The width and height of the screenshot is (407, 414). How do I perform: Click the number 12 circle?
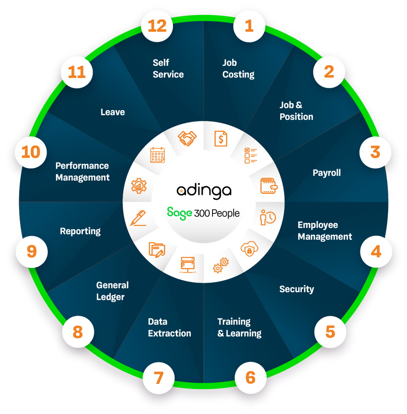157,26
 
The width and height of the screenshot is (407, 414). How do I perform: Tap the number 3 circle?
375,152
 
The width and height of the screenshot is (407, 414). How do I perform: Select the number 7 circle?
159,378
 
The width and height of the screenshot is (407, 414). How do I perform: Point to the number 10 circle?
31,152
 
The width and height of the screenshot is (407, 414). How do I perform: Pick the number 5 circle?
330,332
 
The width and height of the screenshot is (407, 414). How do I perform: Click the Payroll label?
327,173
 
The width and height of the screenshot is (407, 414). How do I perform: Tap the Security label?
296,289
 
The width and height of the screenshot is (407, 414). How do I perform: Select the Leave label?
113,112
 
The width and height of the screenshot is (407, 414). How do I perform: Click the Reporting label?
80,231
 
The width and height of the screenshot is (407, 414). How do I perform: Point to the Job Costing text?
238,69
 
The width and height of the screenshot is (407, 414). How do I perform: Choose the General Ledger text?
112,291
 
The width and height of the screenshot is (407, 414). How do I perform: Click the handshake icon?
187,138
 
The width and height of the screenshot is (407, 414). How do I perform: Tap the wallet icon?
269,186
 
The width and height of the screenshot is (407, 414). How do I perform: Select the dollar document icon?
221,138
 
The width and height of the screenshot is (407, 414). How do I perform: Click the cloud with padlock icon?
249,249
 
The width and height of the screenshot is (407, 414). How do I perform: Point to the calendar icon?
157,155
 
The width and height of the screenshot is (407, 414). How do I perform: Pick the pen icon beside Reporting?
139,218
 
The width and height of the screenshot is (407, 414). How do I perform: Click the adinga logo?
204,191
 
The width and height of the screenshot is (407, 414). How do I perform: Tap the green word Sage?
179,213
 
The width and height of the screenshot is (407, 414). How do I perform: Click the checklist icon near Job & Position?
251,155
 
